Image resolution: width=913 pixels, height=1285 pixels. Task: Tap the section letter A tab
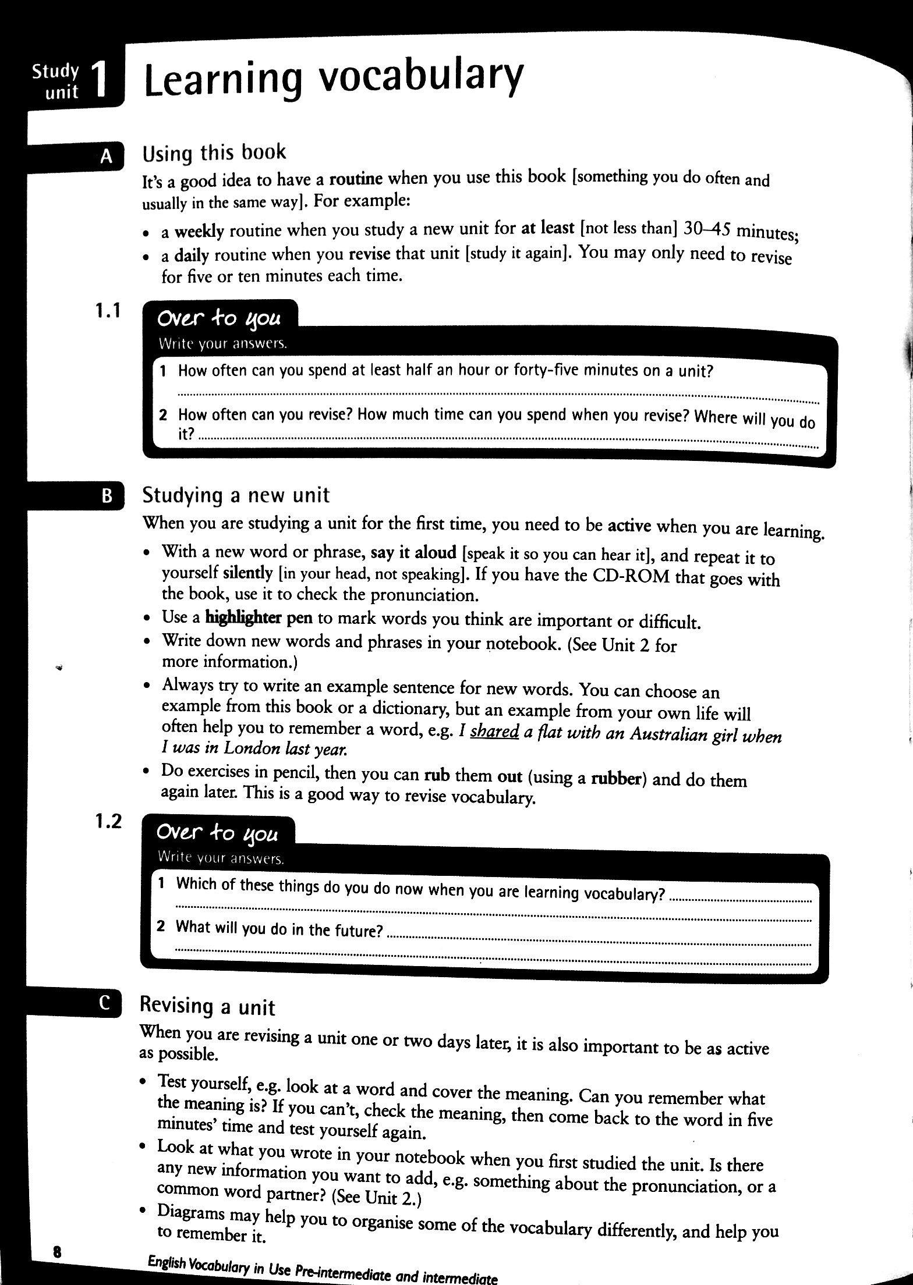click(x=107, y=156)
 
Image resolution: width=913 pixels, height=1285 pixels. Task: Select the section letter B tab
click(x=107, y=496)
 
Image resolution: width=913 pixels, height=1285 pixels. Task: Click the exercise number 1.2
click(x=108, y=821)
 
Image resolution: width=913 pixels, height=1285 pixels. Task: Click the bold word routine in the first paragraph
click(x=356, y=179)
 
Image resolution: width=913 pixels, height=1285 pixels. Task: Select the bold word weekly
click(x=199, y=232)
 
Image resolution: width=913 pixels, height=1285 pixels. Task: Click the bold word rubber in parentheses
click(x=617, y=779)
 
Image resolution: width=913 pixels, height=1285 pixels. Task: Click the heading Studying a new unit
click(x=236, y=495)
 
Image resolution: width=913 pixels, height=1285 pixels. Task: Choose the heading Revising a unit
click(x=207, y=1006)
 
